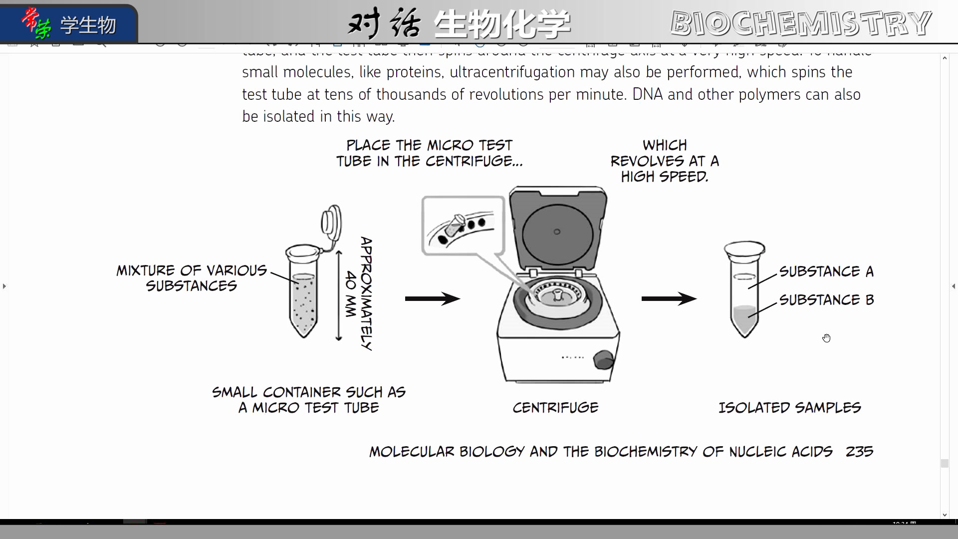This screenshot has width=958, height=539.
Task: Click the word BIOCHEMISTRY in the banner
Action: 800,23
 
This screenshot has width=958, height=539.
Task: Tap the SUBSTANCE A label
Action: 826,271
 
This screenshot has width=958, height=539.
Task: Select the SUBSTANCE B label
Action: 826,300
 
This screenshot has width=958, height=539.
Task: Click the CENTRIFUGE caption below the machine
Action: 555,408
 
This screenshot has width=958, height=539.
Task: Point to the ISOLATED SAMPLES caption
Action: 789,408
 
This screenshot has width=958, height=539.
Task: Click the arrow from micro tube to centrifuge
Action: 432,299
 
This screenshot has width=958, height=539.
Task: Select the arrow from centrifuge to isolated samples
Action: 669,299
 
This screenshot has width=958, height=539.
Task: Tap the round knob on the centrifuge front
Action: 603,359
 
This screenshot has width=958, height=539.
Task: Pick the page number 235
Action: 859,452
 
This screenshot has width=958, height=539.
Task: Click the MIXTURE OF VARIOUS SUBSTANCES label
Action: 192,278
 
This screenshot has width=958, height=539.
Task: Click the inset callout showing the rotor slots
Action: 463,226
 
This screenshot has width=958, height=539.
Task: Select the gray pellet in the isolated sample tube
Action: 744,319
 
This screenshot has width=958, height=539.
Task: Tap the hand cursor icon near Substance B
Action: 827,338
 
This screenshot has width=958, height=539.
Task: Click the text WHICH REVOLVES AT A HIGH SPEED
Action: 665,161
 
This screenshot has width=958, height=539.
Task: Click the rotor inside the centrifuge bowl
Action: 557,295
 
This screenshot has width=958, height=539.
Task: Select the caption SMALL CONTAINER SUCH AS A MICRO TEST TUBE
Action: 309,400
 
